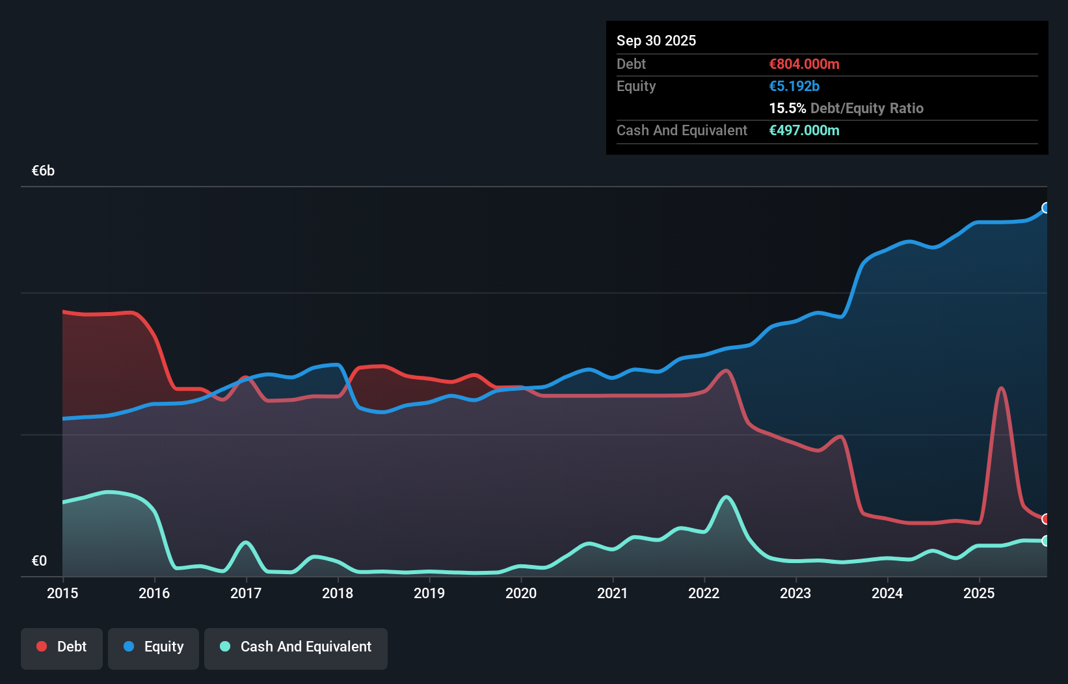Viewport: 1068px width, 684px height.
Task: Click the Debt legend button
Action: click(x=62, y=648)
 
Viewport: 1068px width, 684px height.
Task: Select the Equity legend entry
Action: click(x=154, y=648)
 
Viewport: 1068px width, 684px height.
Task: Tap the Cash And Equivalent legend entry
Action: click(x=296, y=648)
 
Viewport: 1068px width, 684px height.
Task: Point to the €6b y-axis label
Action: click(x=44, y=171)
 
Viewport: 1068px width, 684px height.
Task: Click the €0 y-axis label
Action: click(x=39, y=561)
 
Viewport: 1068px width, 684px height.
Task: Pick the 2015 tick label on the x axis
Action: click(x=62, y=594)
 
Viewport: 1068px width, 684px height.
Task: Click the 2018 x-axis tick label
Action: click(x=338, y=594)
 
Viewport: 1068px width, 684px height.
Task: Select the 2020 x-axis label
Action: click(x=521, y=594)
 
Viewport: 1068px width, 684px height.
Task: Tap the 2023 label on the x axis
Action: click(x=795, y=594)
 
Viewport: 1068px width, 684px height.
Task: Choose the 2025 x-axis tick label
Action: click(x=979, y=594)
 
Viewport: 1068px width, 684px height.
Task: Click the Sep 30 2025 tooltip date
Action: click(x=656, y=41)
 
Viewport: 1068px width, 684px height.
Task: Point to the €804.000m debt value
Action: click(x=804, y=64)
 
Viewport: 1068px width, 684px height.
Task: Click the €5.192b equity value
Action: click(x=794, y=86)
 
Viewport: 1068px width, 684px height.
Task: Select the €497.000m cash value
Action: click(x=804, y=131)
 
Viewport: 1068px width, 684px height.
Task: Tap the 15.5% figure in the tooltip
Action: click(x=787, y=109)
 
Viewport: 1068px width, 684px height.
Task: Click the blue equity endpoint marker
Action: click(x=1046, y=208)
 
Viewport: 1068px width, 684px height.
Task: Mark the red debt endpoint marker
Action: click(x=1046, y=519)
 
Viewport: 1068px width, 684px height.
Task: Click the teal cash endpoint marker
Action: click(x=1046, y=541)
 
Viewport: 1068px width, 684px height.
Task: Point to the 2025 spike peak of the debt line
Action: click(x=1001, y=389)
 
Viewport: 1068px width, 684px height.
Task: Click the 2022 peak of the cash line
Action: click(x=727, y=497)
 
